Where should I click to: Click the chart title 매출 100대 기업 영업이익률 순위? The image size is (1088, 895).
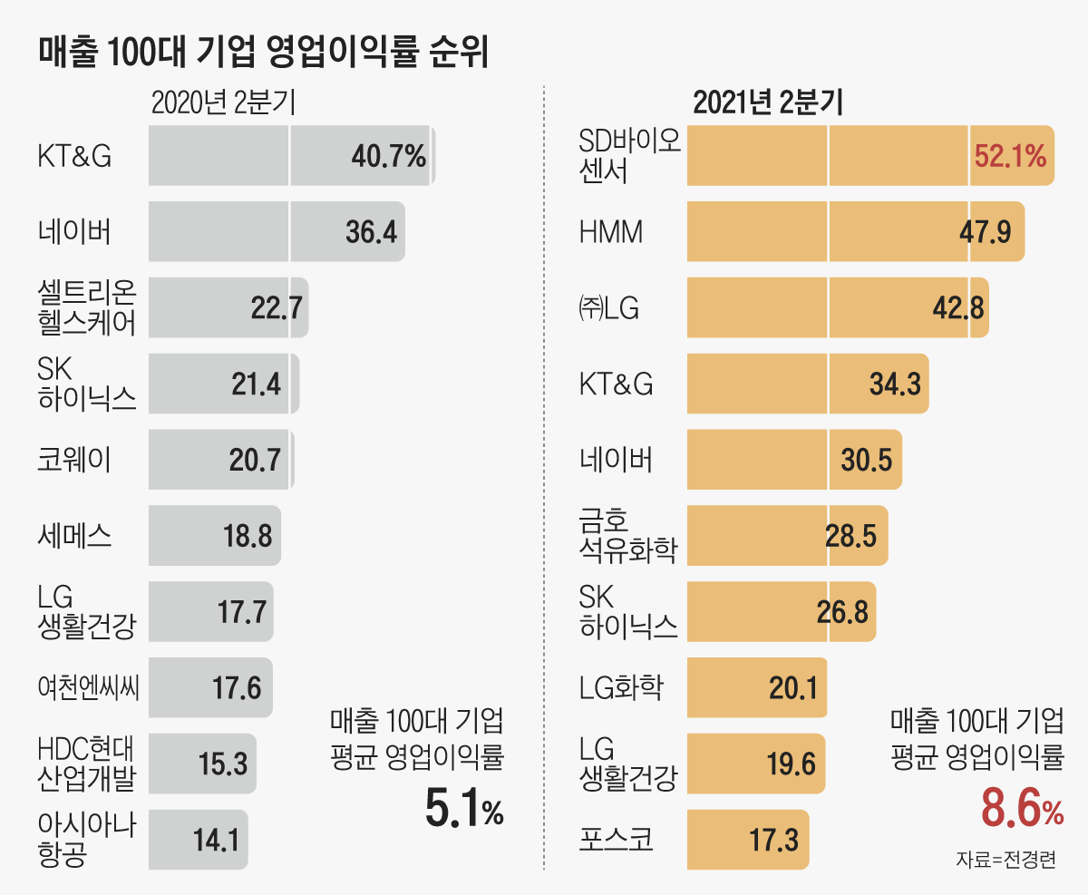pyautogui.click(x=264, y=52)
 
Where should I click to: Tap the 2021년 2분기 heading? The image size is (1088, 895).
pyautogui.click(x=768, y=102)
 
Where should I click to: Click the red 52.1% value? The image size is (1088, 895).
pyautogui.click(x=1010, y=156)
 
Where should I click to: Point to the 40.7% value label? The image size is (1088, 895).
pyautogui.click(x=388, y=156)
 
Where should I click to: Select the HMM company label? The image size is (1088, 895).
pyautogui.click(x=611, y=233)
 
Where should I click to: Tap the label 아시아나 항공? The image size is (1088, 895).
pyautogui.click(x=87, y=840)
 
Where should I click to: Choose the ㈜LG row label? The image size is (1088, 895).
pyautogui.click(x=609, y=308)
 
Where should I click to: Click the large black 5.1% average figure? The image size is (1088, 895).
pyautogui.click(x=463, y=809)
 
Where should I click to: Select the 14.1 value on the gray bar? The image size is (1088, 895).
pyautogui.click(x=216, y=840)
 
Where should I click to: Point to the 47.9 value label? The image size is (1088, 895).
pyautogui.click(x=985, y=233)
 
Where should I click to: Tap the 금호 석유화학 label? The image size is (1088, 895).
pyautogui.click(x=627, y=536)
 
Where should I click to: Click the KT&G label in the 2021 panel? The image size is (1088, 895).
pyautogui.click(x=616, y=384)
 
